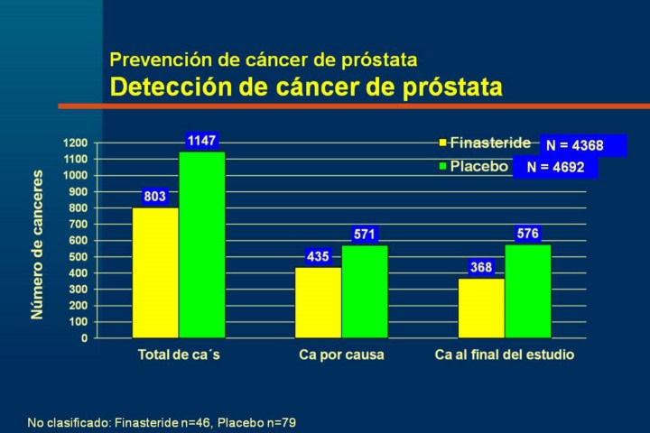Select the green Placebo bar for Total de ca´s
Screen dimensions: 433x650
(x=201, y=244)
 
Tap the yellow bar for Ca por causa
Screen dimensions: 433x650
(x=318, y=302)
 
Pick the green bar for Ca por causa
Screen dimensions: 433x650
(x=364, y=291)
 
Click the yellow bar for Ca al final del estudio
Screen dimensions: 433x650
(x=481, y=308)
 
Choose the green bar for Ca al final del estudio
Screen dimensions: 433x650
(x=527, y=290)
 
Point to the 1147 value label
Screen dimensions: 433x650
(x=201, y=141)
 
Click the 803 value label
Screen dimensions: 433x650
(x=155, y=197)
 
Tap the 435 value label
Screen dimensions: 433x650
(x=318, y=256)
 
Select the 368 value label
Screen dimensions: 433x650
(x=481, y=267)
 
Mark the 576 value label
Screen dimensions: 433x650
(x=527, y=234)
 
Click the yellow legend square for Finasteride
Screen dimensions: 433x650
(x=442, y=143)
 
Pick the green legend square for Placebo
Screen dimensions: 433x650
(x=442, y=167)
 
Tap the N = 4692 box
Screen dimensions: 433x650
(x=555, y=167)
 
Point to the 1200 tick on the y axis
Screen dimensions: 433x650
(x=75, y=143)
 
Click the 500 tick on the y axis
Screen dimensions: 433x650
(x=78, y=257)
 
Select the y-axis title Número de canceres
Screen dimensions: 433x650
(x=37, y=244)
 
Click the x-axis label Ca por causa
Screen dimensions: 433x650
(x=341, y=355)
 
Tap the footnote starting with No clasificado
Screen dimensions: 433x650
(x=162, y=421)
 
